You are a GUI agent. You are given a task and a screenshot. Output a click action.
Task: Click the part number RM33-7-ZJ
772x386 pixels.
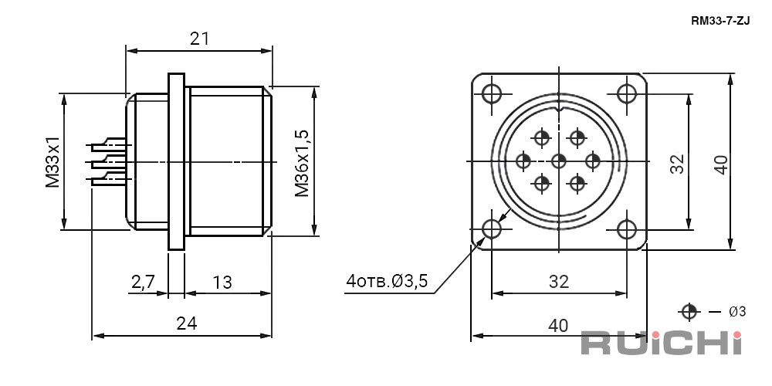(720, 21)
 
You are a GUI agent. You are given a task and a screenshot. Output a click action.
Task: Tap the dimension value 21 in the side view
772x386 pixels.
(199, 39)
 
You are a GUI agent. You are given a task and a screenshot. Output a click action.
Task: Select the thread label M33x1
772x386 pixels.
(52, 161)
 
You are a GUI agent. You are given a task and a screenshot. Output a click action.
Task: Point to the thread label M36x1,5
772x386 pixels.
(302, 163)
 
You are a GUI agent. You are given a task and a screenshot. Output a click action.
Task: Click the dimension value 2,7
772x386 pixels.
(144, 282)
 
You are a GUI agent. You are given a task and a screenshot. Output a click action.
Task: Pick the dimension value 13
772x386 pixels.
(222, 282)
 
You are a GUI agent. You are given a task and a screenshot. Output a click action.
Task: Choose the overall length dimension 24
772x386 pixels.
(187, 323)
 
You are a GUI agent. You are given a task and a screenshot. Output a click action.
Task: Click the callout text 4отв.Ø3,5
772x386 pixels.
(387, 282)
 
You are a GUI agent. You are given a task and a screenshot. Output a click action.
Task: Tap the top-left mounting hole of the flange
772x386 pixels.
(491, 93)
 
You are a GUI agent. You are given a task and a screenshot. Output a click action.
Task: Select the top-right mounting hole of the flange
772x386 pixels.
(627, 93)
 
